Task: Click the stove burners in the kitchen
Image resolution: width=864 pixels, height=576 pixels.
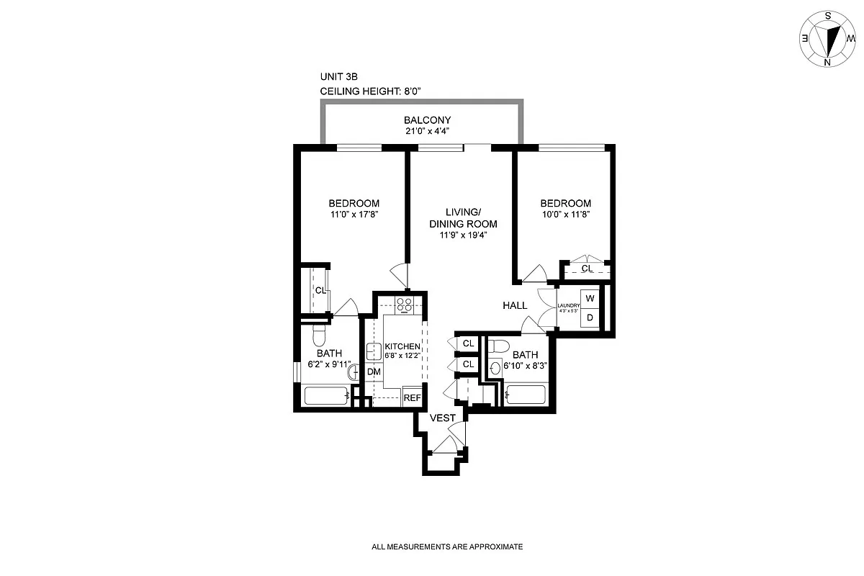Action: [x=405, y=305]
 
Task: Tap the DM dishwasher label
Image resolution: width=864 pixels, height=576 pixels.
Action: [x=374, y=372]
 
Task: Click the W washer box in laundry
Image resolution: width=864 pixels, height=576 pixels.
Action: [x=590, y=298]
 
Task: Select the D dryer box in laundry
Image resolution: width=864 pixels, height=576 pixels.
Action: [x=590, y=318]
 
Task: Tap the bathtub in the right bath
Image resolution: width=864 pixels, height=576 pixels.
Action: [x=526, y=395]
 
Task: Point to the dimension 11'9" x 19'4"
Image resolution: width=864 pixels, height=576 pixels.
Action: [x=462, y=235]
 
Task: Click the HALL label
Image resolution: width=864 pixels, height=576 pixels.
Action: [x=515, y=306]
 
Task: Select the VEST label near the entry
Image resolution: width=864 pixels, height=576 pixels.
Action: [x=442, y=418]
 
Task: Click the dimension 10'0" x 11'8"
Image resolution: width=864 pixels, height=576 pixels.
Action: [x=566, y=215]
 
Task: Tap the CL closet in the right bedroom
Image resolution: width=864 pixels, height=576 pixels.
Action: [x=587, y=269]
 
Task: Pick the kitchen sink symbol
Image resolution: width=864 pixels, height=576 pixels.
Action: [x=374, y=352]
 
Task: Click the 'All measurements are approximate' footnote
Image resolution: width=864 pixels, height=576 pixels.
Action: [x=446, y=547]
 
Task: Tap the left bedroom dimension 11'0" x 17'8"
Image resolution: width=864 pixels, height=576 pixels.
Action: [x=354, y=215]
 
